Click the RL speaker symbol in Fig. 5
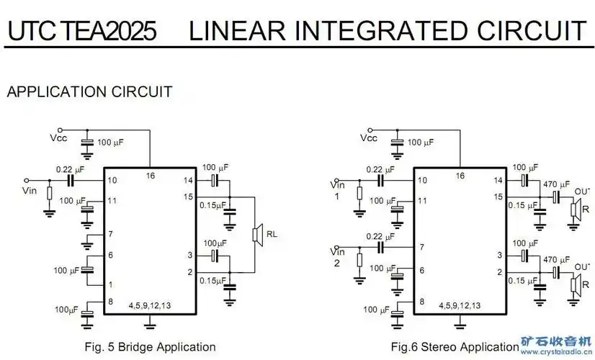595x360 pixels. pos(256,234)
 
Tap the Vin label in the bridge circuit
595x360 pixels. pos(30,191)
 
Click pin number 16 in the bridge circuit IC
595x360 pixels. pos(150,175)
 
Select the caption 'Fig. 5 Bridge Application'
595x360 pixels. pos(150,347)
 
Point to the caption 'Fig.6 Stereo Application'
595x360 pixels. pos(455,347)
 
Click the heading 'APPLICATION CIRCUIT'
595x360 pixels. pos(89,92)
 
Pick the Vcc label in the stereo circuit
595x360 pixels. pos(367,138)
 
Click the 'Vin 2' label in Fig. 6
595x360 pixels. pos(337,256)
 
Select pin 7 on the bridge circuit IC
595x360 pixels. pos(111,234)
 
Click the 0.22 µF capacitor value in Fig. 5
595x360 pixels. pos(70,170)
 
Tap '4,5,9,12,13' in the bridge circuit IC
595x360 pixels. pos(150,305)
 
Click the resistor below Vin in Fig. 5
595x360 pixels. pos(49,194)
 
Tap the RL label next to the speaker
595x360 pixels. pos(272,234)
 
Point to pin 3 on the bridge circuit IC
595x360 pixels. pos(190,255)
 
